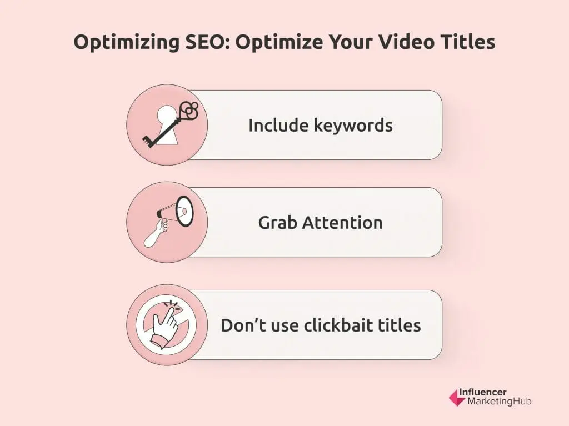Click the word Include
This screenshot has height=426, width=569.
coord(271,125)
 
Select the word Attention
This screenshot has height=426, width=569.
coord(342,223)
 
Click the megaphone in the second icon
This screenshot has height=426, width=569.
coord(177,212)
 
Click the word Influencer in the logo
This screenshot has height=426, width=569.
coord(483,392)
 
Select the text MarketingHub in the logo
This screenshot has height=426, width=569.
coord(495,401)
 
